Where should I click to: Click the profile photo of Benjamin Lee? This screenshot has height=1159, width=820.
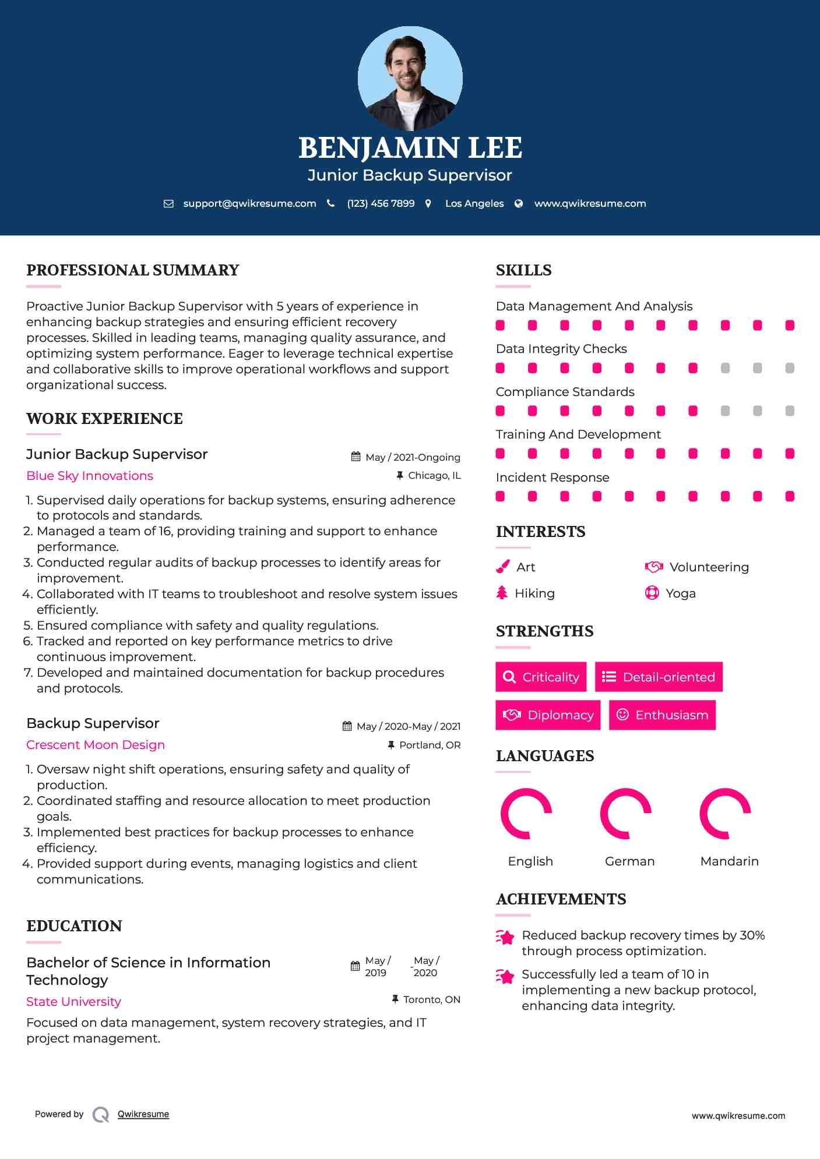tap(410, 78)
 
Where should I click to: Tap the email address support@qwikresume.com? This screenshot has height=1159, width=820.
tap(249, 203)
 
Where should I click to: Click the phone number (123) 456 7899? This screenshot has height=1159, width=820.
tap(381, 203)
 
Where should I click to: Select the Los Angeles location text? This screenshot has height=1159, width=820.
tap(474, 203)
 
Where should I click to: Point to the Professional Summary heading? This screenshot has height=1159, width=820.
tap(133, 270)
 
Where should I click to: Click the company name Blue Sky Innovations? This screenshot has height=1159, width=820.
tap(90, 476)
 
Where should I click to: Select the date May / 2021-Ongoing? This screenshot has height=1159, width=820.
tap(413, 457)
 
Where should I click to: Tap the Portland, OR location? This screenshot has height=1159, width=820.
tap(430, 745)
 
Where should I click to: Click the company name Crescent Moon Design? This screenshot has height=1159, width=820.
tap(96, 745)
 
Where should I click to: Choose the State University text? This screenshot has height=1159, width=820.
tap(73, 1002)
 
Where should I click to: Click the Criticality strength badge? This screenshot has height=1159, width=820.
tap(541, 677)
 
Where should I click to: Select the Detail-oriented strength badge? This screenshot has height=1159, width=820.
tap(659, 677)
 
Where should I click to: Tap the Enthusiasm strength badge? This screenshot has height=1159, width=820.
tap(662, 715)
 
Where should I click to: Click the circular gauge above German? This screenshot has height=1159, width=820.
tap(625, 814)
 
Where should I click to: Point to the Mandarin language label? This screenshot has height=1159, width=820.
tap(729, 861)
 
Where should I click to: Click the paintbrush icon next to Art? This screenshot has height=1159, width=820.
tap(502, 567)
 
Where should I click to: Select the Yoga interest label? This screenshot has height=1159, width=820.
tap(680, 593)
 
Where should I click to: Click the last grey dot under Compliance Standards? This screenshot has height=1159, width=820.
tap(790, 411)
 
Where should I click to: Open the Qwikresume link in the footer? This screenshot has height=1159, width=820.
tap(143, 1114)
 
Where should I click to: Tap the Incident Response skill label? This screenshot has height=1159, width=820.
tap(552, 478)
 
